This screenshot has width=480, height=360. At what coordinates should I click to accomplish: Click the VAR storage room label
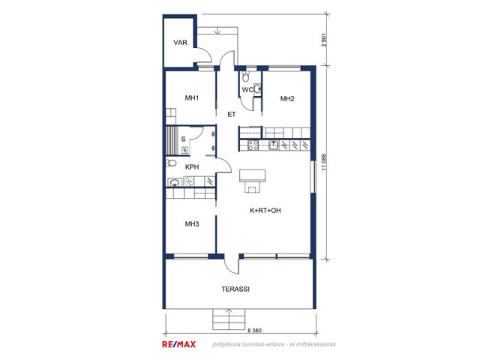click(180, 43)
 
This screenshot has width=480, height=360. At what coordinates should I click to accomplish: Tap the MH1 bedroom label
click(192, 98)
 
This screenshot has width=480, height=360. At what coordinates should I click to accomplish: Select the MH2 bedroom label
click(287, 98)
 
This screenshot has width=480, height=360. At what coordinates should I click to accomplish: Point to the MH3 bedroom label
click(192, 224)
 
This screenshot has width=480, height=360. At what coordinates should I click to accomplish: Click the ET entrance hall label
click(232, 115)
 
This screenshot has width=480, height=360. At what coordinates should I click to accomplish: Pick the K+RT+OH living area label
click(265, 211)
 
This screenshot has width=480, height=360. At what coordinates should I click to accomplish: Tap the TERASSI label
click(235, 289)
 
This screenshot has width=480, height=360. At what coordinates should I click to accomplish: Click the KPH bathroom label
click(192, 167)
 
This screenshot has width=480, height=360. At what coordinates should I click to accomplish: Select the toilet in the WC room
click(245, 76)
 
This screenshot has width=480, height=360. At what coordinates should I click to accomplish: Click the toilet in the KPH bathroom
click(172, 163)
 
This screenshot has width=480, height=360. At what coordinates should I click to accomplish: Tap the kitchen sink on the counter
click(273, 145)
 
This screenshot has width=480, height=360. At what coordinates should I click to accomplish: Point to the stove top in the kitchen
click(253, 145)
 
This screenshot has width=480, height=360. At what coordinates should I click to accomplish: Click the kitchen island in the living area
click(252, 175)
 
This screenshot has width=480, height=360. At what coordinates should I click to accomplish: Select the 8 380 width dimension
click(254, 331)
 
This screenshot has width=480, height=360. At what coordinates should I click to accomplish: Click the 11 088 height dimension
click(325, 162)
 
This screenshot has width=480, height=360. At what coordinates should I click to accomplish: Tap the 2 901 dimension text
click(325, 40)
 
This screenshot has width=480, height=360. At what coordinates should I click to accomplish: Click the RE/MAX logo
click(178, 344)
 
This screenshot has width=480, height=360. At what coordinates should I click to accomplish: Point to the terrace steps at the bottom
click(229, 319)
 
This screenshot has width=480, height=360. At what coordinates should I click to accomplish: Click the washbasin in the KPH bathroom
click(175, 183)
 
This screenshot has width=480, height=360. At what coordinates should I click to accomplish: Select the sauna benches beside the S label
click(172, 140)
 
